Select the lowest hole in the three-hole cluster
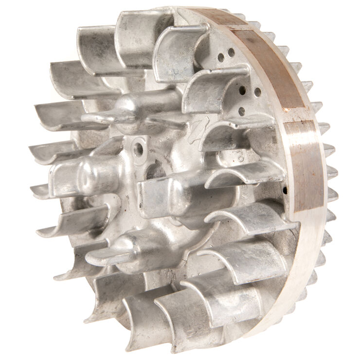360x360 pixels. pos(241,111)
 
